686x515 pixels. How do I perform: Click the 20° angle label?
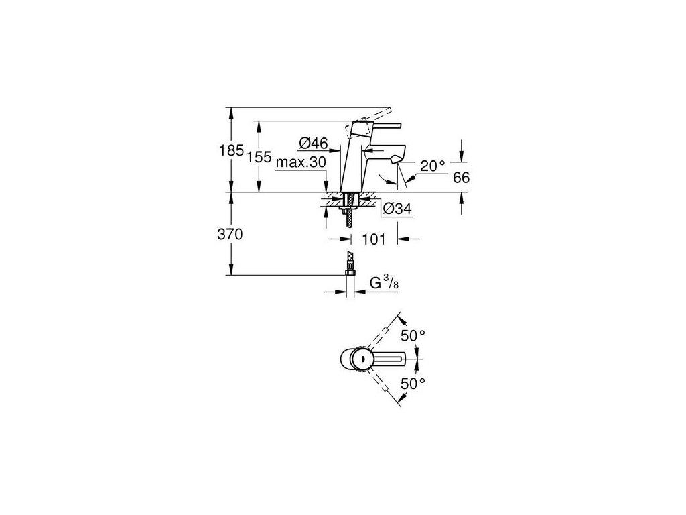click(x=433, y=166)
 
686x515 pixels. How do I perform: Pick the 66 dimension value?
click(x=461, y=178)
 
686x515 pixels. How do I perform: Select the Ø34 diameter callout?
click(x=397, y=210)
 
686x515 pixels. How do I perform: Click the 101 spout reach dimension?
click(x=374, y=239)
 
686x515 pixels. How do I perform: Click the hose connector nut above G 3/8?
click(x=349, y=271)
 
